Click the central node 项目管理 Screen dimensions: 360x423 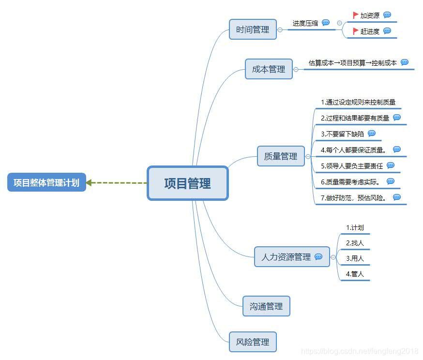(187, 183)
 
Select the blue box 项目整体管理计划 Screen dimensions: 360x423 (46, 182)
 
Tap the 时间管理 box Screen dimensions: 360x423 (253, 30)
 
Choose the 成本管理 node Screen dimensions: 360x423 (269, 69)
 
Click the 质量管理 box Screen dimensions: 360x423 (281, 156)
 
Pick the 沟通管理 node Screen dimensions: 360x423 (266, 306)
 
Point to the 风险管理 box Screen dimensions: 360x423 (253, 342)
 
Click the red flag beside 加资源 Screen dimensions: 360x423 (356, 15)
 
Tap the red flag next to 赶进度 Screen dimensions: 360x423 (356, 31)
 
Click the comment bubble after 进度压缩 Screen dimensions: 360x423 (326, 23)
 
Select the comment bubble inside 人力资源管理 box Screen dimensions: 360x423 (318, 257)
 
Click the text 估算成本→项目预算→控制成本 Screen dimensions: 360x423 (352, 62)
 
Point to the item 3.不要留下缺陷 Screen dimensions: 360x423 (342, 134)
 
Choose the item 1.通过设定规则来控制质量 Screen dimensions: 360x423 (358, 102)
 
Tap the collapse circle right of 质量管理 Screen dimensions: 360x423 (308, 156)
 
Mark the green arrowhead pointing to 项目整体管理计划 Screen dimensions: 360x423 (89, 183)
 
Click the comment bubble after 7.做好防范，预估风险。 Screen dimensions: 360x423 (397, 197)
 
